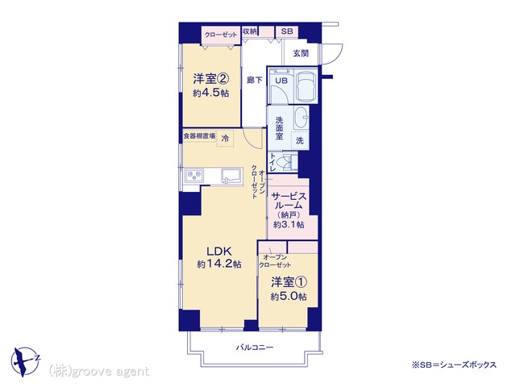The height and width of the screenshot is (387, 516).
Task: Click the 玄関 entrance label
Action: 301,53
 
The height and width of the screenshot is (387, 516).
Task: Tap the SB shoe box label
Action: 287,31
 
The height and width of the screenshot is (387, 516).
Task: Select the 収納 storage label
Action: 249,31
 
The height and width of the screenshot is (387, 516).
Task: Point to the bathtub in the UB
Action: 306,85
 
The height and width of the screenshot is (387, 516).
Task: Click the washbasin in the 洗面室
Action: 301,117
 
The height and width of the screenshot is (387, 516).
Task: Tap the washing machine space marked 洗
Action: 299,140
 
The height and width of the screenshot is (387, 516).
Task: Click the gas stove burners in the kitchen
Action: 194,176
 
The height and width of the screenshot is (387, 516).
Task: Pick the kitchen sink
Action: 231,175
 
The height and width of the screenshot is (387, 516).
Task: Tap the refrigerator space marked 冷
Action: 225,138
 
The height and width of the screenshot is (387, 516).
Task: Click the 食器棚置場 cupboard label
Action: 199,136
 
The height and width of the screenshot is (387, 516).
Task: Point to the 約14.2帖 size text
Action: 219,264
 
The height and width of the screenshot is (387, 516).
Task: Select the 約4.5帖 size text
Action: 211,94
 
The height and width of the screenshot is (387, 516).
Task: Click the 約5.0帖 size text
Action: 289,297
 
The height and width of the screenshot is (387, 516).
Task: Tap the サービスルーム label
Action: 289,201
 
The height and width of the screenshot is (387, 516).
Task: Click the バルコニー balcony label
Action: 255,347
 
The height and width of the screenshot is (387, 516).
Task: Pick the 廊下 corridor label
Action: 255,80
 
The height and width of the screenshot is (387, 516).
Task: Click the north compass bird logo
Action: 25,361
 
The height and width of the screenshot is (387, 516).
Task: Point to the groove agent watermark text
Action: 99,372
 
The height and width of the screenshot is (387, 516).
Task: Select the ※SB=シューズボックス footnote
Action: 454,364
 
